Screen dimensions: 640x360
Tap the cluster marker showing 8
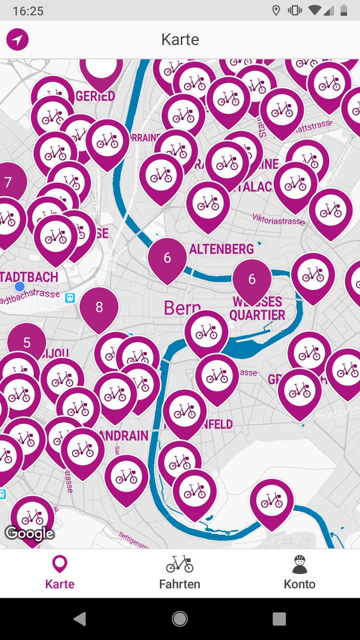pyautogui.click(x=99, y=307)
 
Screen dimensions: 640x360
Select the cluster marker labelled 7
pyautogui.click(x=9, y=183)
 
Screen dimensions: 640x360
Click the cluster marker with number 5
pyautogui.click(x=27, y=343)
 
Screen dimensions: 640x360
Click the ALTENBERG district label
pyautogui.click(x=221, y=249)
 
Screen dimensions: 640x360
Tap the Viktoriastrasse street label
pyautogui.click(x=279, y=219)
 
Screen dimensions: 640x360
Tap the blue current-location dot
pyautogui.click(x=20, y=286)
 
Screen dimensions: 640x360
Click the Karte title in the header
pyautogui.click(x=180, y=39)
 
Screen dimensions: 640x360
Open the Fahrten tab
pyautogui.click(x=180, y=573)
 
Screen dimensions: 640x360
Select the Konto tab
pyautogui.click(x=300, y=573)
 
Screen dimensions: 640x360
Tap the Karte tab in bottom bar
pyautogui.click(x=60, y=573)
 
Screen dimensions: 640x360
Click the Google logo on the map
pyautogui.click(x=29, y=533)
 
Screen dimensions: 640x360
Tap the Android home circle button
pyautogui.click(x=180, y=619)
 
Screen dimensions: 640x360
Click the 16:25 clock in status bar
pyautogui.click(x=28, y=11)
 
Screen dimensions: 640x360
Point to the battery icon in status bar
pyautogui.click(x=344, y=11)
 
